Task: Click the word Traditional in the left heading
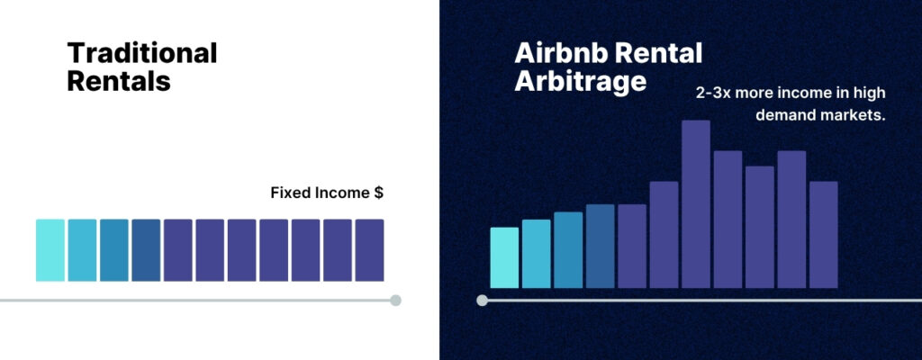coord(142,53)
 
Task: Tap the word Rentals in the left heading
coord(119,81)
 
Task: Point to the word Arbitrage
coord(581,81)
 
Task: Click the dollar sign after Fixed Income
coord(378,193)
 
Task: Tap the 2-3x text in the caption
coord(713,93)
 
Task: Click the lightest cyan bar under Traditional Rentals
coord(50,250)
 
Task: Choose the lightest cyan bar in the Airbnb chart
coord(504,257)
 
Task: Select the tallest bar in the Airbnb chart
coord(696,204)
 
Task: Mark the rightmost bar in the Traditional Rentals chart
coord(369,250)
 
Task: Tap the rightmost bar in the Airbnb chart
coord(823,235)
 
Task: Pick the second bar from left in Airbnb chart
coord(537,254)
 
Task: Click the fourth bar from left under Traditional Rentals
coord(146,250)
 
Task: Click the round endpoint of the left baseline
coord(396,300)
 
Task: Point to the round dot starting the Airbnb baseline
coord(483,300)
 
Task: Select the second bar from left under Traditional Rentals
coord(82,250)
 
